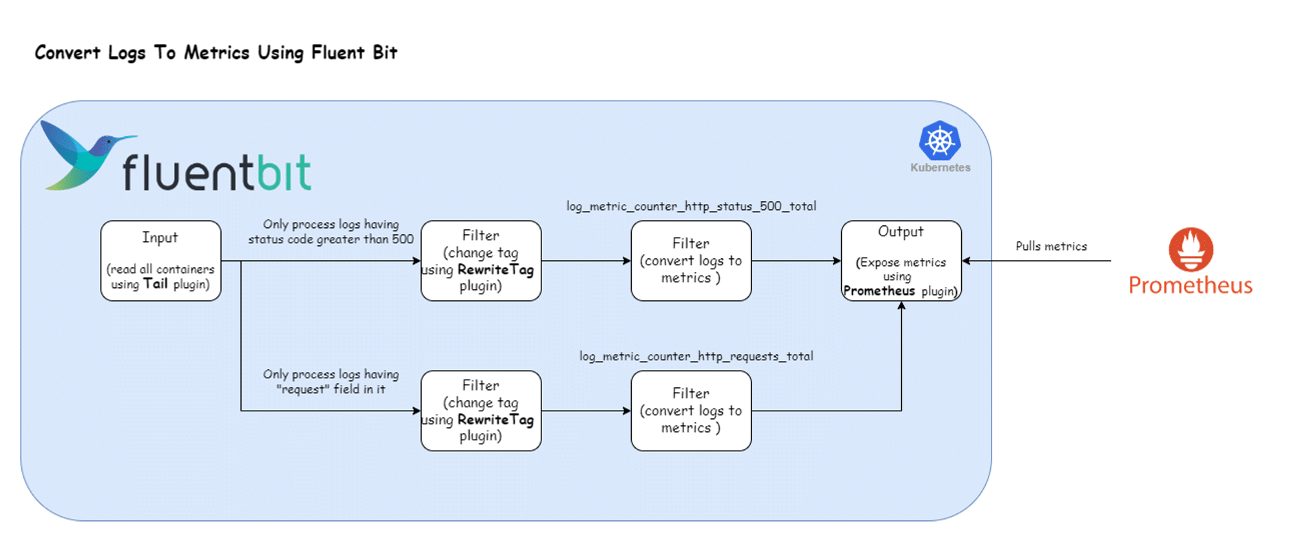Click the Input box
click(x=160, y=261)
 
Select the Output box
click(x=901, y=261)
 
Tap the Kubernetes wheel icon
click(x=940, y=141)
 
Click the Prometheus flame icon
click(x=1191, y=249)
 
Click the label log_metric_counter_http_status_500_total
click(x=691, y=206)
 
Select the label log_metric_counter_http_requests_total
click(x=696, y=356)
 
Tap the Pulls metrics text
click(x=1051, y=246)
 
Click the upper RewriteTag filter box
click(x=481, y=261)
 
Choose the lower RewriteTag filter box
click(x=481, y=411)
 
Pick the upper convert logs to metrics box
click(x=691, y=261)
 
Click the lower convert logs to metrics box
click(x=691, y=411)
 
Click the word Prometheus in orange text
click(x=1190, y=285)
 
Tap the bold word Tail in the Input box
click(x=156, y=284)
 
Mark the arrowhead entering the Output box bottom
click(x=901, y=305)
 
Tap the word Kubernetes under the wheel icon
click(x=940, y=168)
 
